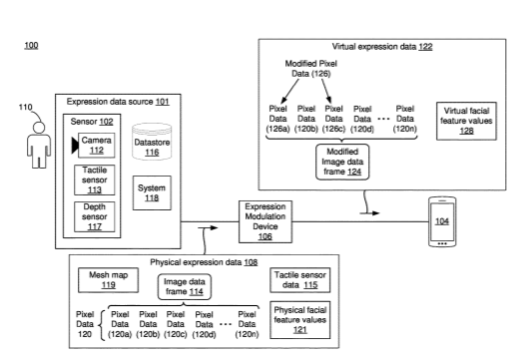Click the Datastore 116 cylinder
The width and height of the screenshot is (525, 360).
pos(152,142)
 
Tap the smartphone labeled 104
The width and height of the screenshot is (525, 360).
pos(442,221)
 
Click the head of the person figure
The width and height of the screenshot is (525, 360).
pos(39,128)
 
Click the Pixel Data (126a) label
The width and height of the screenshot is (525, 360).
pos(277,119)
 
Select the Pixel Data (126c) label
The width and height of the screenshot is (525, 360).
pos(333,119)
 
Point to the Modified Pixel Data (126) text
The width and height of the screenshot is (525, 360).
pos(311,69)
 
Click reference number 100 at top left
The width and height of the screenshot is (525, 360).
pos(31,45)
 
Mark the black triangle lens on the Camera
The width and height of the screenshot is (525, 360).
pos(75,146)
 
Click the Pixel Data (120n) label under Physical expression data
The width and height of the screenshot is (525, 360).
pos(248,324)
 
